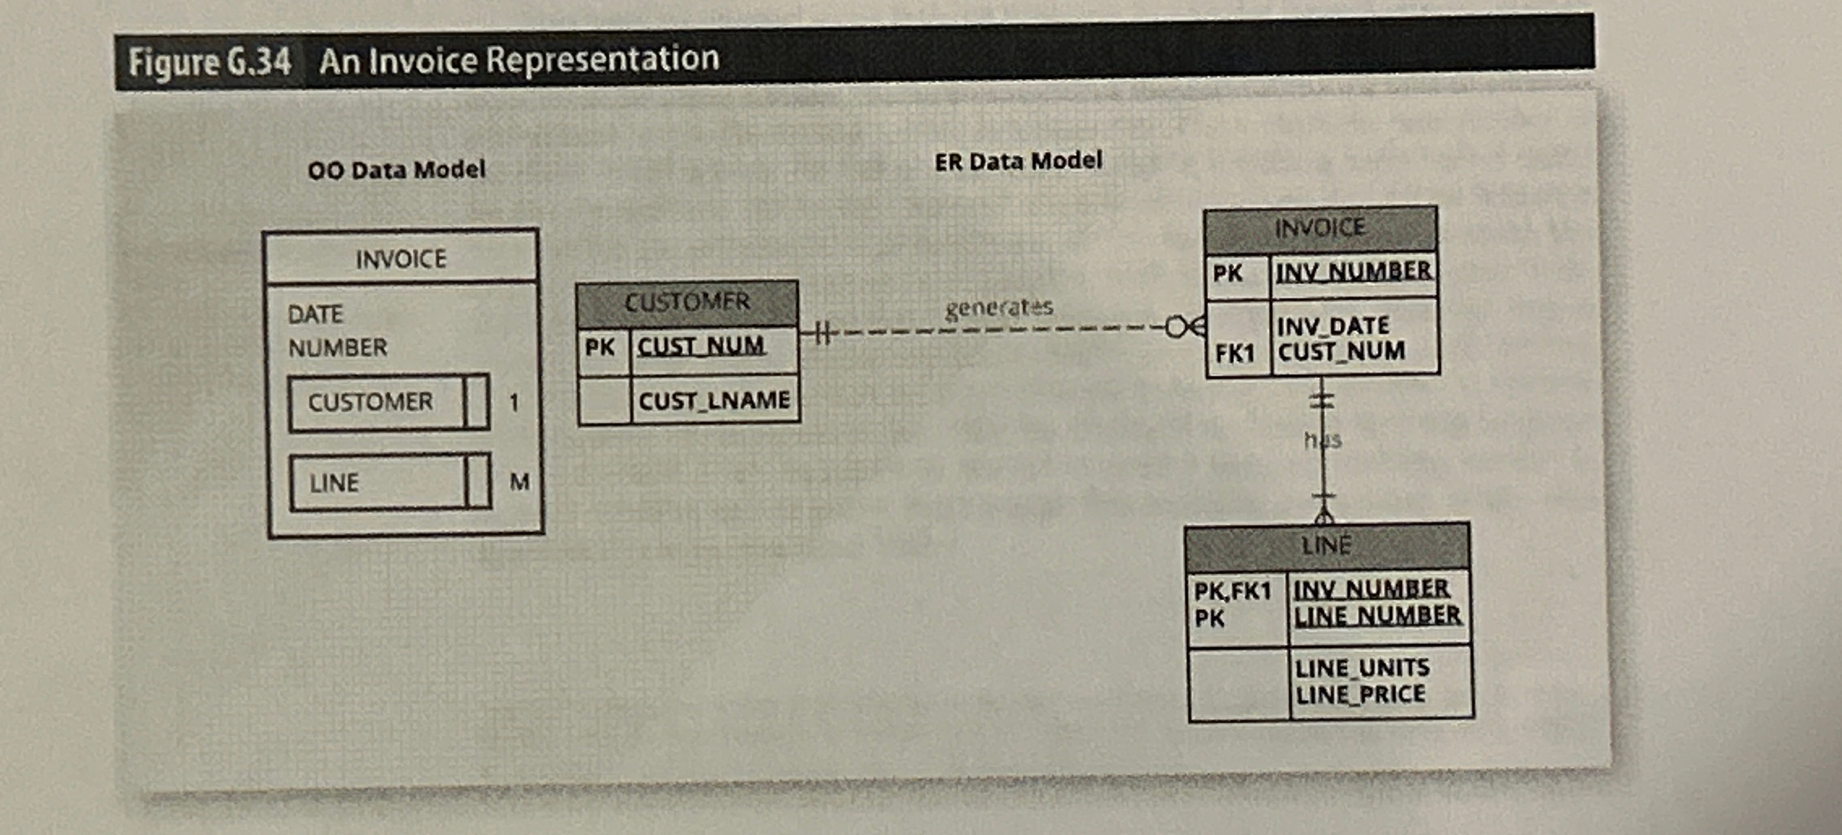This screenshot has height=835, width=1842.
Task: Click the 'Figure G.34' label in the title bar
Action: (x=210, y=61)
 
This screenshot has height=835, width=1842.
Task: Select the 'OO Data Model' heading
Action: (x=396, y=170)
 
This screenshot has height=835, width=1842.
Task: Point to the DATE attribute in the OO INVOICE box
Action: (x=315, y=315)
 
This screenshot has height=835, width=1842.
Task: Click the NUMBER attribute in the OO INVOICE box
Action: (x=337, y=348)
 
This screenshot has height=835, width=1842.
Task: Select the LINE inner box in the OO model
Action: (x=390, y=482)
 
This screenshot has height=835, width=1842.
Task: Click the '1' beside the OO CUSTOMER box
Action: (x=514, y=402)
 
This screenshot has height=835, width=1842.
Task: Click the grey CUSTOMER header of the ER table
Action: (x=687, y=303)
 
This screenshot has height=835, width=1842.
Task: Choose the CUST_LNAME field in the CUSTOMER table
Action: (x=714, y=400)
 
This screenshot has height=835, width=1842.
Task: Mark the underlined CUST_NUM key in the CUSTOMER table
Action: (x=701, y=347)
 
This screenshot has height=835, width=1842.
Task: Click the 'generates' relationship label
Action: (x=999, y=308)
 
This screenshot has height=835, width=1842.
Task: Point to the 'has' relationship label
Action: (x=1323, y=439)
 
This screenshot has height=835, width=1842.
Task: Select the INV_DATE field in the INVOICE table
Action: (x=1333, y=326)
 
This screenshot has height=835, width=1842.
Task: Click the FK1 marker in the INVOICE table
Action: (x=1235, y=353)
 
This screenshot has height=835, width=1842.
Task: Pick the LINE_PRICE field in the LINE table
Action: (x=1360, y=694)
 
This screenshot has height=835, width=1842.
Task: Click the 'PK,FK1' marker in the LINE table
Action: (x=1232, y=591)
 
